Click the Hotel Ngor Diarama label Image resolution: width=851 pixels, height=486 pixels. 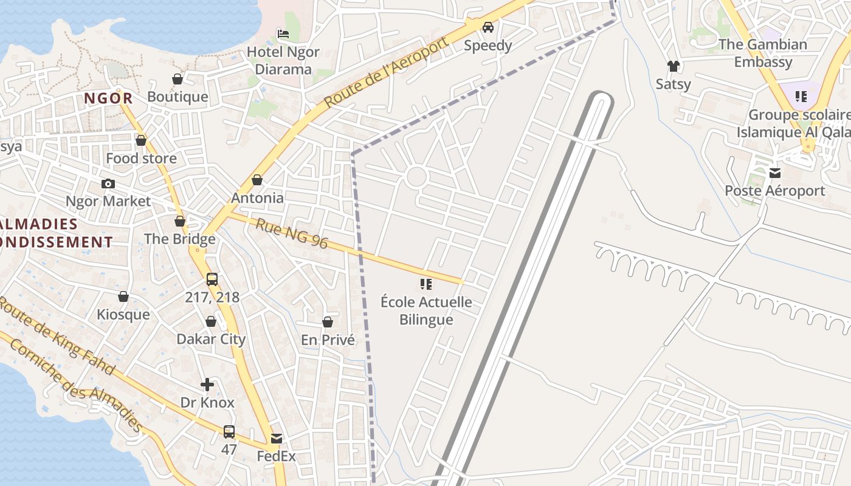[283, 61]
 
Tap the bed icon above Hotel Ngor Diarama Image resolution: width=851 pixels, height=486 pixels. [283, 33]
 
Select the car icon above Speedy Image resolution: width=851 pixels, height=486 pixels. [488, 27]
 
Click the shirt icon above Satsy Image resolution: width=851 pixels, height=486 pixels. [673, 66]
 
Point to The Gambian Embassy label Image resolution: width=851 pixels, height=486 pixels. [763, 53]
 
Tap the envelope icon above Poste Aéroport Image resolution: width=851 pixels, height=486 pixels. [775, 173]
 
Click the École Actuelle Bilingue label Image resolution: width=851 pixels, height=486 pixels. [426, 310]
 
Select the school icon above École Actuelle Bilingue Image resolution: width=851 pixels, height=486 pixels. [426, 284]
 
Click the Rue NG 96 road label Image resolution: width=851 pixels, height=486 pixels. [292, 234]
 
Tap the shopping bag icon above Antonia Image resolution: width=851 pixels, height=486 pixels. [257, 180]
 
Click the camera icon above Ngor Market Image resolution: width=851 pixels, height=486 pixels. [108, 183]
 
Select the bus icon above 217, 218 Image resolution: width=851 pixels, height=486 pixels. [212, 279]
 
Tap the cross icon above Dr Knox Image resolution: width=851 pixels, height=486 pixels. [207, 385]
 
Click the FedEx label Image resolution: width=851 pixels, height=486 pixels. [276, 456]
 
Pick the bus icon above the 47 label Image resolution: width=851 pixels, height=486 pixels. [229, 432]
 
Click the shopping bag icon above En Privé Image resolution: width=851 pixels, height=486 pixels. [328, 322]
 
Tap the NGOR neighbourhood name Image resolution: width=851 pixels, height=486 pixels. [108, 98]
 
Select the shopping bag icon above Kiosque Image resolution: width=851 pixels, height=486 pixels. [123, 296]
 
